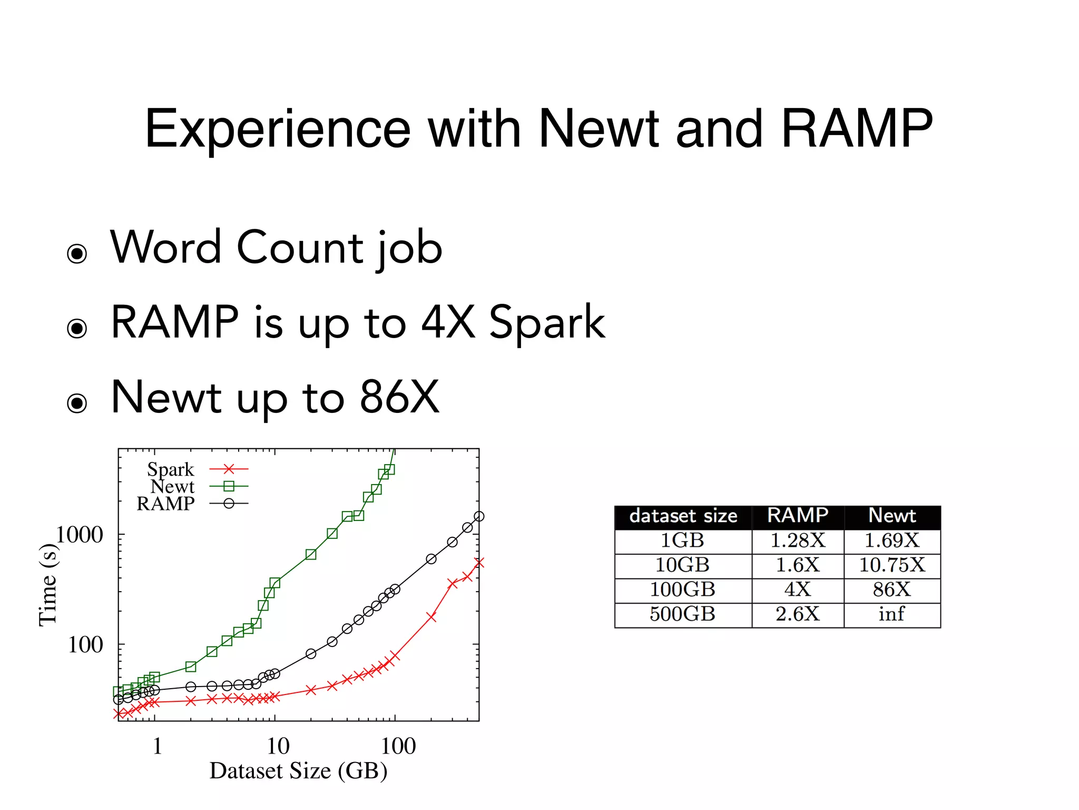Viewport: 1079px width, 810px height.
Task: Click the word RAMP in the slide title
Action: pos(857,129)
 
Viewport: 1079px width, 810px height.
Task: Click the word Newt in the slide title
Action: pos(599,129)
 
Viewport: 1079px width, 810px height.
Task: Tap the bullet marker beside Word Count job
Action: pos(77,254)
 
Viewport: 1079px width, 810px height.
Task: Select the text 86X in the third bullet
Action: pos(399,397)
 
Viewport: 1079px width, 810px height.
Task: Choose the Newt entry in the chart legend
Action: pos(172,486)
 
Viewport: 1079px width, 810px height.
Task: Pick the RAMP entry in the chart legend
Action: pos(165,504)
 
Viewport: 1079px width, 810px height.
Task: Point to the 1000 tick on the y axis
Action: pos(79,535)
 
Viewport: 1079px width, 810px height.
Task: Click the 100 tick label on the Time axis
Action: pos(85,644)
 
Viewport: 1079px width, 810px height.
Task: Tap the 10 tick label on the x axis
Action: pos(278,746)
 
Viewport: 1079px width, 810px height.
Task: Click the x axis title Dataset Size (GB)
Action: pos(298,771)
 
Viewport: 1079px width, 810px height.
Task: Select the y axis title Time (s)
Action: pos(48,585)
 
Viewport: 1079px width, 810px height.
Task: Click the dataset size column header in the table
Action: pos(683,516)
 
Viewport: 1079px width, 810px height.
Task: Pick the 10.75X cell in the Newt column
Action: pos(891,565)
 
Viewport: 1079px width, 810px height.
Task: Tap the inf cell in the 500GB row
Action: pos(891,614)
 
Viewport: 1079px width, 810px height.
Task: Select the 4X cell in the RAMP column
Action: pos(797,590)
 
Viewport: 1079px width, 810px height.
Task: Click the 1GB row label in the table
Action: pos(682,541)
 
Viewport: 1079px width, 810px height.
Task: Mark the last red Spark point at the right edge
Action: pos(478,563)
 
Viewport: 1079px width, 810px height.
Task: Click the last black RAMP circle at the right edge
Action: pos(478,516)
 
